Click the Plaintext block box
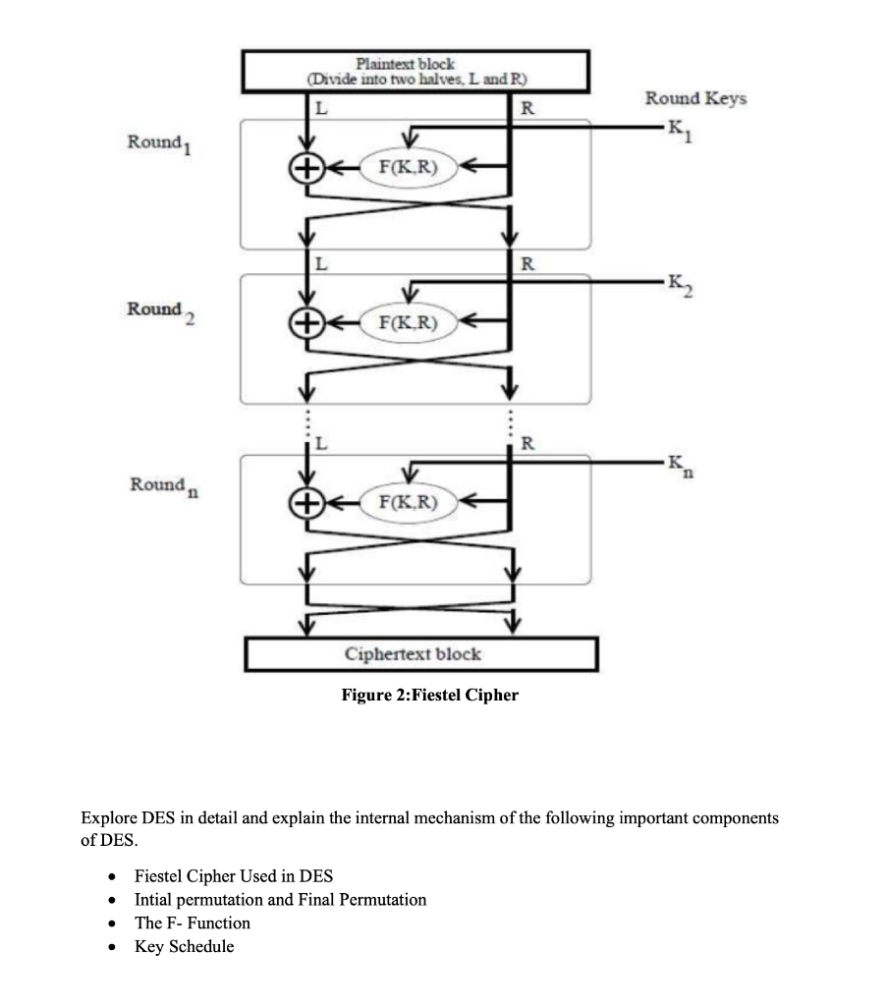pos(416,71)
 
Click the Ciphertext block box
pos(420,653)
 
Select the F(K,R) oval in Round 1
pos(401,168)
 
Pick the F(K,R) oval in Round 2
pos(401,321)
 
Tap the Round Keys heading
pos(694,98)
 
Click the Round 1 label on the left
pos(158,143)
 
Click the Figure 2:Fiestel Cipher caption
pos(429,696)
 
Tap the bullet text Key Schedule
pos(184,947)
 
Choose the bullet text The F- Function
pos(192,923)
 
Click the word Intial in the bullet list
pos(155,900)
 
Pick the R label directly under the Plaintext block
pos(526,107)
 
